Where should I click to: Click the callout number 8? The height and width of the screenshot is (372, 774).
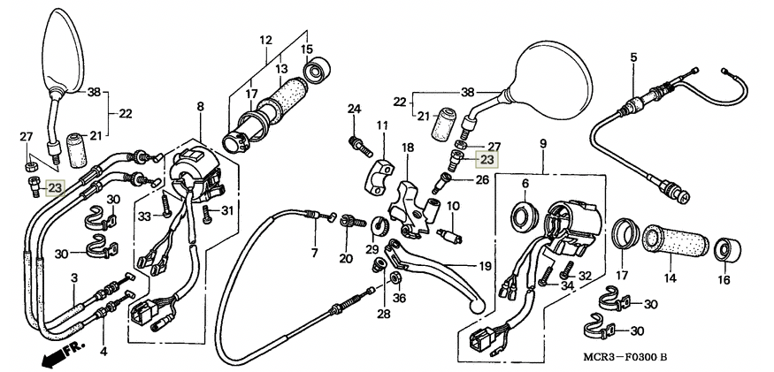pyautogui.click(x=200, y=107)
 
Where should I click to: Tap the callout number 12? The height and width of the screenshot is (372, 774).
pyautogui.click(x=266, y=40)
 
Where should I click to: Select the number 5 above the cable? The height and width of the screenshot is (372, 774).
pyautogui.click(x=634, y=57)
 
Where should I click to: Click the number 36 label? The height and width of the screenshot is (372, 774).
pyautogui.click(x=400, y=297)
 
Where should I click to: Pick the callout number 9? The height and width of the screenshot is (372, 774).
pyautogui.click(x=543, y=144)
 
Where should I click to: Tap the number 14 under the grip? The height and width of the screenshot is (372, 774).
pyautogui.click(x=670, y=278)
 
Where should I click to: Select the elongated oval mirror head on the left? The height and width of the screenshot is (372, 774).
pyautogui.click(x=63, y=50)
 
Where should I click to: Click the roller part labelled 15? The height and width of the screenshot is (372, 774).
pyautogui.click(x=318, y=70)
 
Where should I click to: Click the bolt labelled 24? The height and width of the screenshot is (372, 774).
pyautogui.click(x=361, y=146)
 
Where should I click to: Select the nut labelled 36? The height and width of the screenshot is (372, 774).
pyautogui.click(x=395, y=279)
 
